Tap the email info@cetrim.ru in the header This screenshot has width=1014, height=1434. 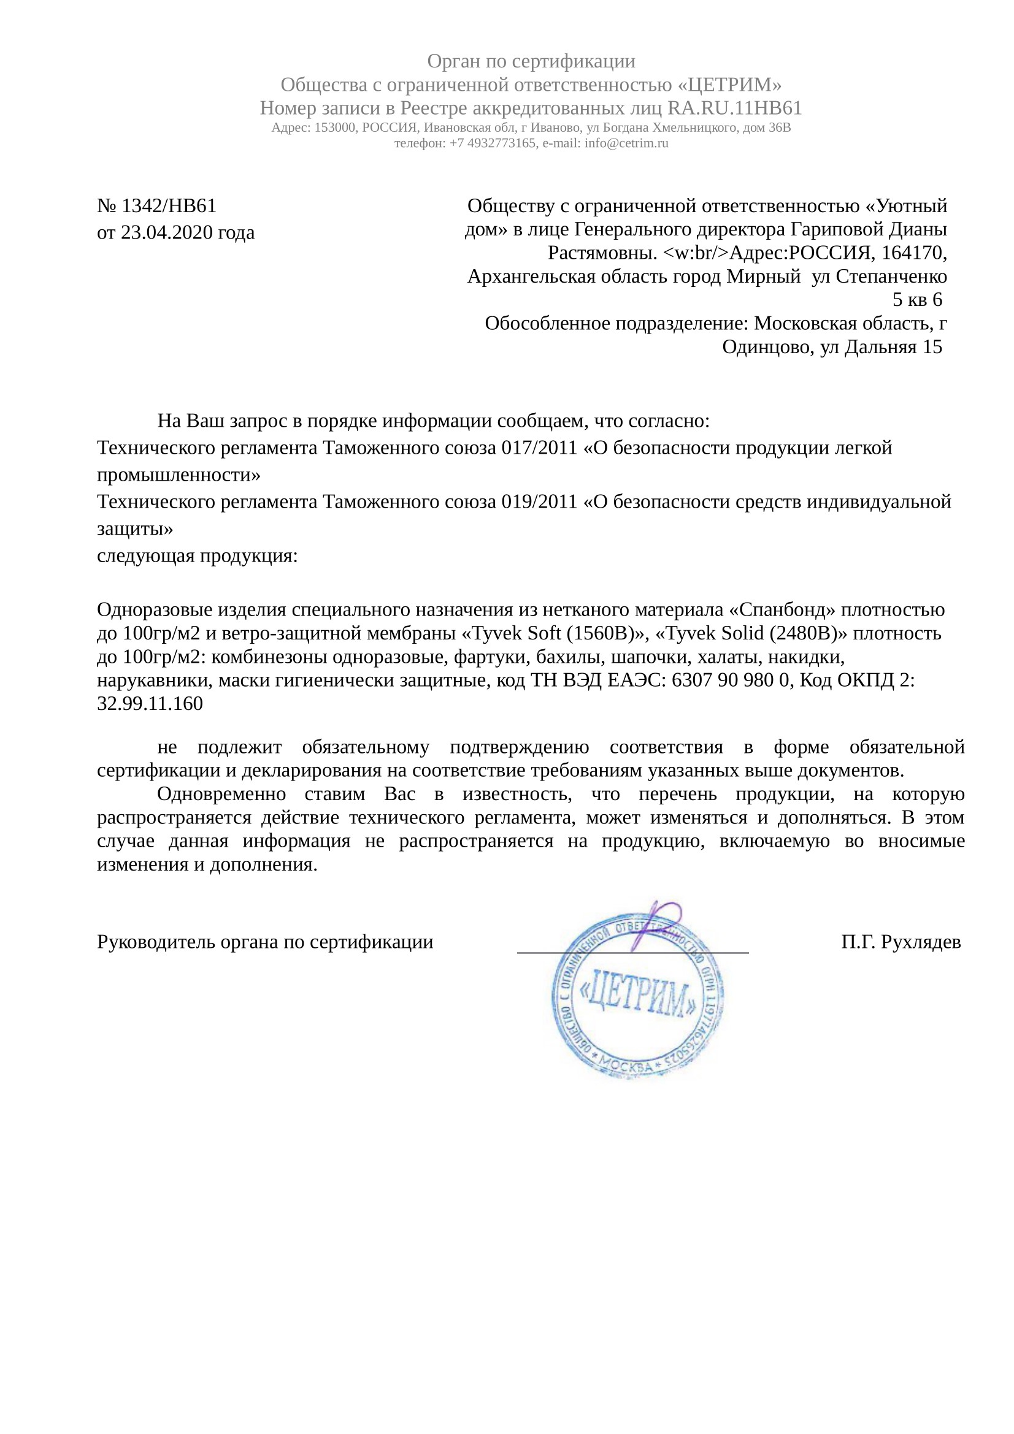tap(626, 143)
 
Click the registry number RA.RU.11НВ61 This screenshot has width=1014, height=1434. tap(734, 108)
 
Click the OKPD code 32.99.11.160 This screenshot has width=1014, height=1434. tap(150, 704)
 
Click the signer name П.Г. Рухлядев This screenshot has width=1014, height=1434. tap(901, 942)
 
